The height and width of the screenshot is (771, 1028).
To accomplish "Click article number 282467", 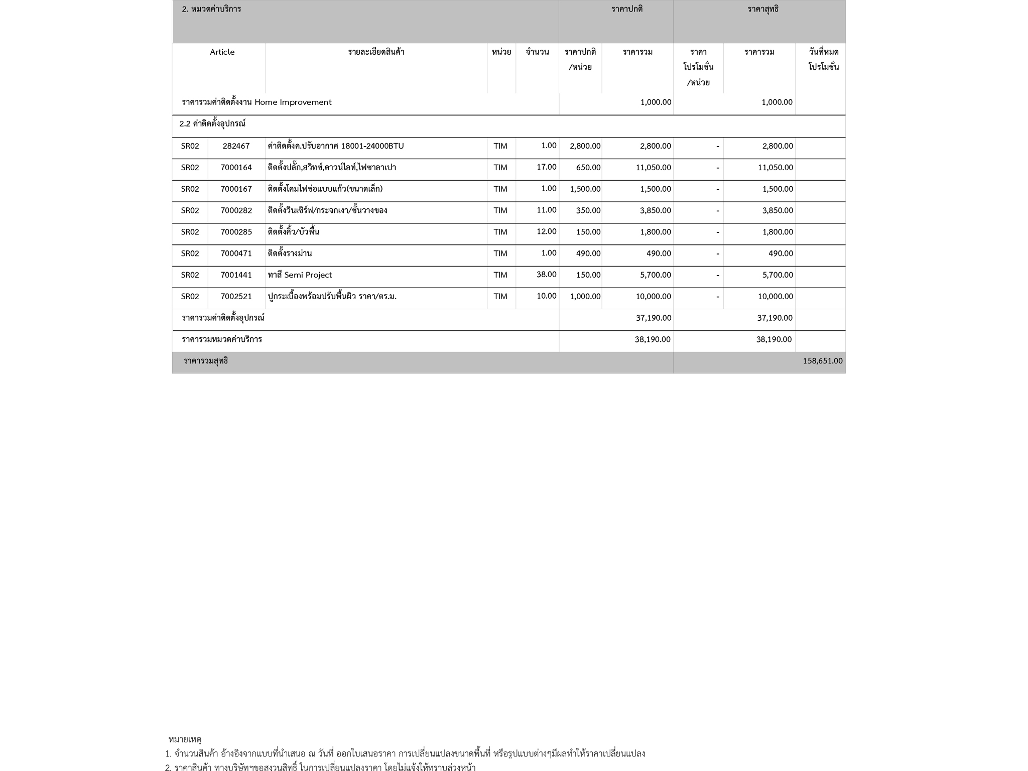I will tap(236, 146).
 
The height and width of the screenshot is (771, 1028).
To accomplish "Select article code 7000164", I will tap(236, 168).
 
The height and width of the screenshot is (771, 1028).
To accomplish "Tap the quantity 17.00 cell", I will tap(546, 167).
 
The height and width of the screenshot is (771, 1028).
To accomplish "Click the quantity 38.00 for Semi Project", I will tap(546, 275).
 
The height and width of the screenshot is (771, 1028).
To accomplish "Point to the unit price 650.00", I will tap(588, 168).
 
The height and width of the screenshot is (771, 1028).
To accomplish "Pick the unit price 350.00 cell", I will tap(588, 211).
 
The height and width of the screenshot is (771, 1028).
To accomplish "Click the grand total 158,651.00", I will tap(822, 361).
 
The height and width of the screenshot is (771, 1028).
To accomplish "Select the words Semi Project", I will tap(308, 275).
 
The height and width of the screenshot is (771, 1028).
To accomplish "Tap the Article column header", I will tap(222, 52).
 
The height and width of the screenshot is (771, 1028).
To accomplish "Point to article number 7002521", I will tap(236, 297).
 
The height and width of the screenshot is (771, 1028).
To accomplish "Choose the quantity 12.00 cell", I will tap(546, 232).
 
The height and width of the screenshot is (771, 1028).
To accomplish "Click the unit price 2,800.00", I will tap(585, 146).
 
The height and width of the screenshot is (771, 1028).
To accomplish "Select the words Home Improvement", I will tap(293, 102).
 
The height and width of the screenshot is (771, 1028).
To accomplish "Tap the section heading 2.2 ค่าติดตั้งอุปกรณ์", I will tap(212, 124).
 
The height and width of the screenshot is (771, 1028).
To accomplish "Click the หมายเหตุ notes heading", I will tap(185, 739).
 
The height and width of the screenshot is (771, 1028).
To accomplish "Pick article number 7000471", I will tap(236, 253).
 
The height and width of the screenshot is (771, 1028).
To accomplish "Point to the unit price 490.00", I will tap(588, 253).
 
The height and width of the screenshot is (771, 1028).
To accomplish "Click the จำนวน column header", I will tap(537, 52).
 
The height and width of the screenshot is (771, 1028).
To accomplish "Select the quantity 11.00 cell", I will tap(546, 210).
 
